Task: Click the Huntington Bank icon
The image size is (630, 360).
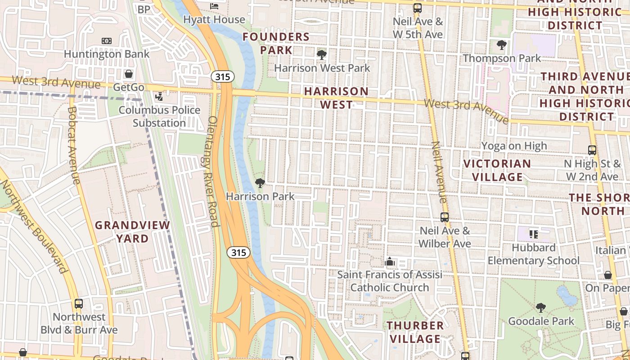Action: (107, 41)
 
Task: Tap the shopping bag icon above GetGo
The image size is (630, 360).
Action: (129, 74)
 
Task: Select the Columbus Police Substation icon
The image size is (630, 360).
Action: (159, 96)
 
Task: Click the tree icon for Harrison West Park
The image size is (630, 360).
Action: (321, 55)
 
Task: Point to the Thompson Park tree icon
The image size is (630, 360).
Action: (501, 45)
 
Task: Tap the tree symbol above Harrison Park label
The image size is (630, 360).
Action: (260, 183)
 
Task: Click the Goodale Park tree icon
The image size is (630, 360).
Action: (540, 308)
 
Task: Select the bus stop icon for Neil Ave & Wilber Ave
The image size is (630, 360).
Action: (445, 217)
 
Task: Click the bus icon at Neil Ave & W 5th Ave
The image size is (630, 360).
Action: (418, 8)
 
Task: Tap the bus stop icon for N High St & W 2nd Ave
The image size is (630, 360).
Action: (592, 150)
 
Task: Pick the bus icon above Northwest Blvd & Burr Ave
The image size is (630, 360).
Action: (79, 304)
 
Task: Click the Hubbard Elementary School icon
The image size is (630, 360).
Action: (534, 234)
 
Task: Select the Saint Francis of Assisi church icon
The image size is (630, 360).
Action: (390, 261)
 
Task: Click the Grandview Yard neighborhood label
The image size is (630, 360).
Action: (133, 232)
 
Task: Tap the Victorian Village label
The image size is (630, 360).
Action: (497, 170)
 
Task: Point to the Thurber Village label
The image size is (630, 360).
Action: (415, 332)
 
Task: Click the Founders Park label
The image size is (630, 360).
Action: (276, 43)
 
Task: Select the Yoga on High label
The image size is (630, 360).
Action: (514, 146)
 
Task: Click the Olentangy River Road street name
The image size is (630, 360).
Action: (212, 171)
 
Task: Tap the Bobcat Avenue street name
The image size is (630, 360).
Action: (73, 145)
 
